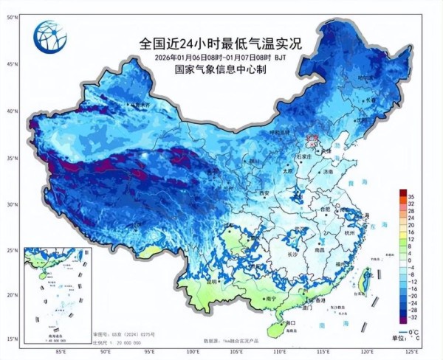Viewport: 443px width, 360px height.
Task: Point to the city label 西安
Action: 262,193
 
